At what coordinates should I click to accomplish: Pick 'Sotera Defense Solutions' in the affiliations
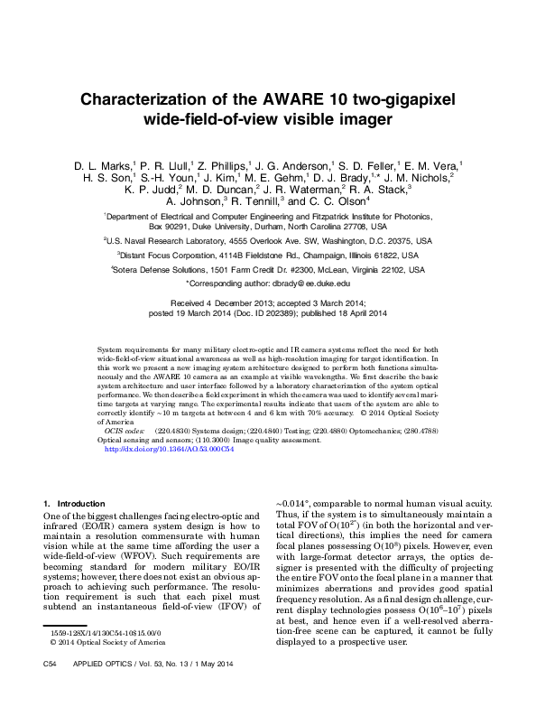(x=171, y=270)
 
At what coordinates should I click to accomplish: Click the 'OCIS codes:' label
(x=125, y=432)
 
